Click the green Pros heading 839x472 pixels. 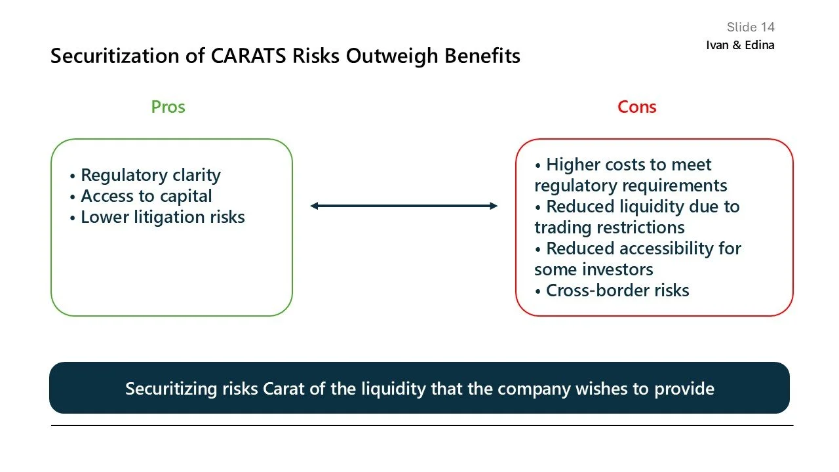click(168, 107)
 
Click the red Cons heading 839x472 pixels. click(636, 107)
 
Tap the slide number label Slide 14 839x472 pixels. click(751, 27)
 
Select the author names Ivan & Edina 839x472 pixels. click(740, 45)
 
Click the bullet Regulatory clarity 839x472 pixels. click(150, 175)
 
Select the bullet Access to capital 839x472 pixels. click(146, 196)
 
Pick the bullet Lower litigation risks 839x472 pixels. click(162, 217)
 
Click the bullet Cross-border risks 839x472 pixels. click(617, 290)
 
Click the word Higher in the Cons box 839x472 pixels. click(574, 165)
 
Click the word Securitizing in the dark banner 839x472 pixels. click(170, 388)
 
